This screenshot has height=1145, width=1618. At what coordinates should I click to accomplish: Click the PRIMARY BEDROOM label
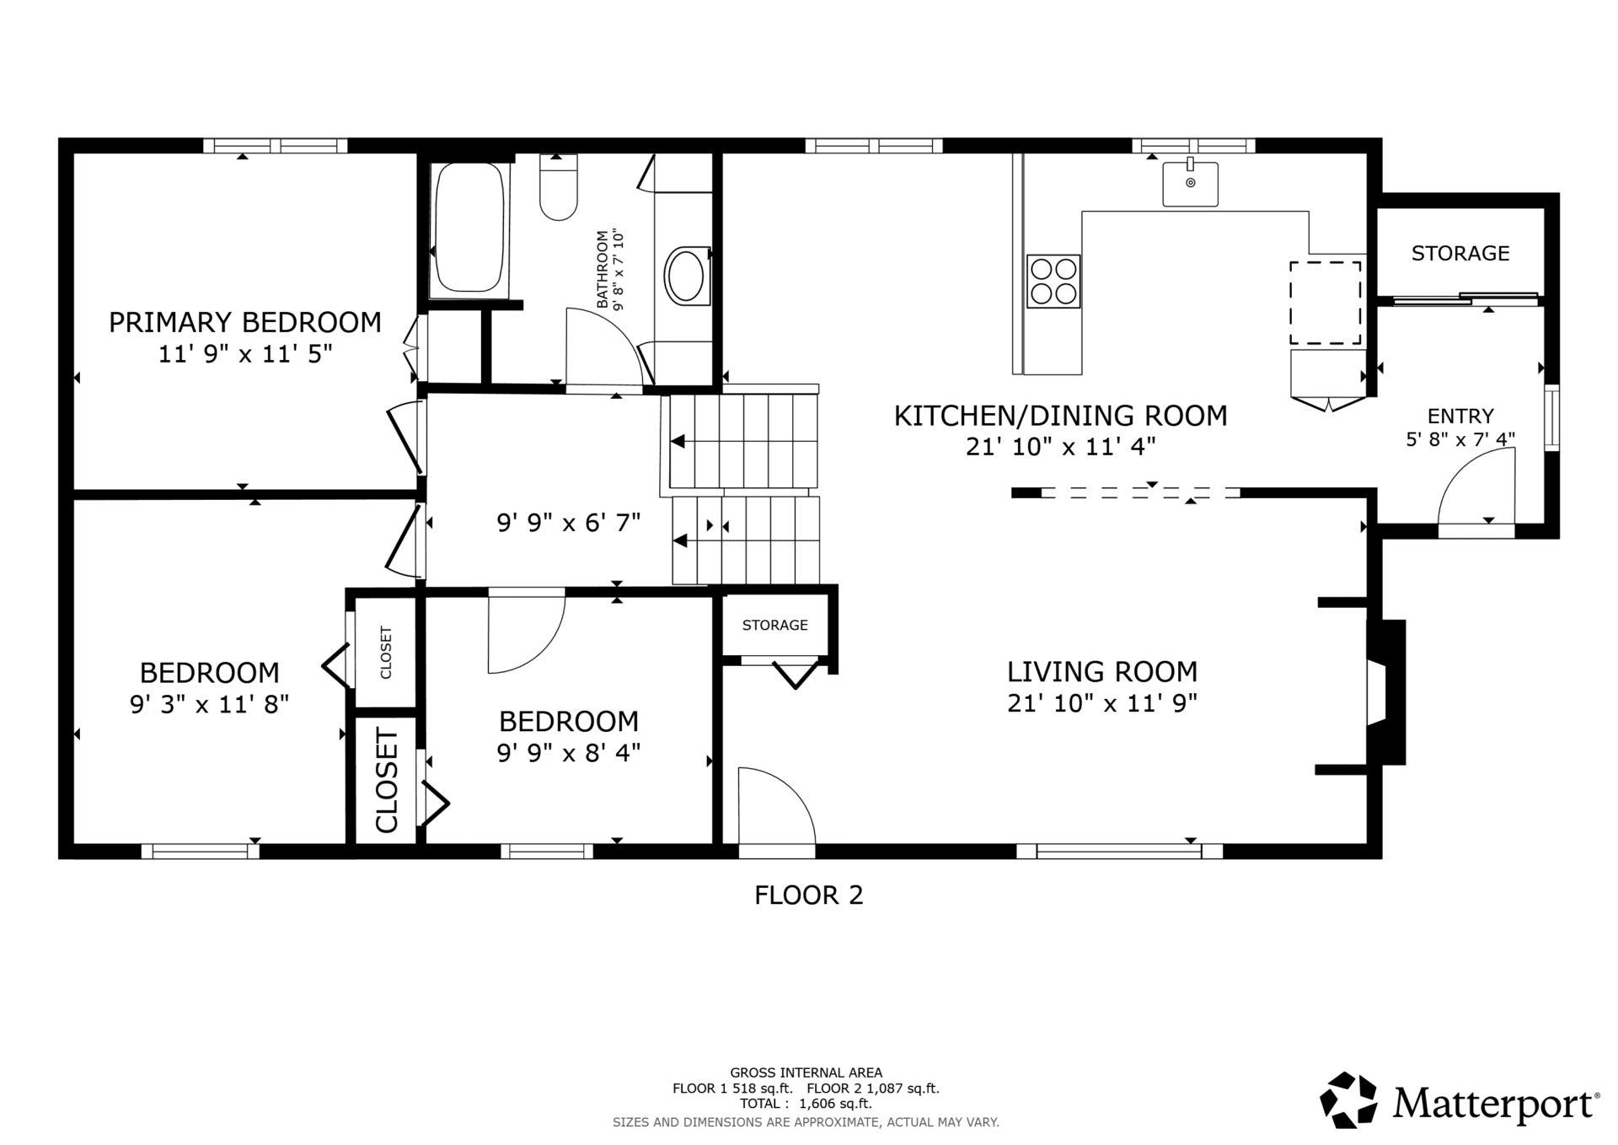coord(245,322)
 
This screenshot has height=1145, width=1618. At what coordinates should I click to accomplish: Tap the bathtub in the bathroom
coord(469,229)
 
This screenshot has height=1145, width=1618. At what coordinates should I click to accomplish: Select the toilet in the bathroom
coord(558,188)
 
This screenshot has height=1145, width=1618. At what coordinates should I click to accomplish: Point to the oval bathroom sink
coord(687,275)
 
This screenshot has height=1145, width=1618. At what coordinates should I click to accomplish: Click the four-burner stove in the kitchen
coord(1053,281)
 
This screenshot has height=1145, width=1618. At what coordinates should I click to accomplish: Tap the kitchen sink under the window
coord(1190,183)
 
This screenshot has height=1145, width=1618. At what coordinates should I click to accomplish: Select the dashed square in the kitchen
coord(1325,303)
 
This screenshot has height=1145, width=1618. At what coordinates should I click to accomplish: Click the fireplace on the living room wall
coord(1385,692)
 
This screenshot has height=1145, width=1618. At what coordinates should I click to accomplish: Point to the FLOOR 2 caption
coord(809,895)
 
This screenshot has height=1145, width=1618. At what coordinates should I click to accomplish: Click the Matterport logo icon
coord(1348,1099)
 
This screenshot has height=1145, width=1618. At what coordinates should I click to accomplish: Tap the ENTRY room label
coord(1460,416)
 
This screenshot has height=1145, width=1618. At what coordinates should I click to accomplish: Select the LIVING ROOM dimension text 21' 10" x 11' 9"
coord(1102,703)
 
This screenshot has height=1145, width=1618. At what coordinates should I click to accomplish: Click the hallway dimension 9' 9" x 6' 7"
coord(569,524)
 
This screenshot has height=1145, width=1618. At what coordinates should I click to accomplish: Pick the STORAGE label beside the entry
coord(1460,253)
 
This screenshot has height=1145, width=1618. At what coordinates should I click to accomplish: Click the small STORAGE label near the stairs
coord(775,625)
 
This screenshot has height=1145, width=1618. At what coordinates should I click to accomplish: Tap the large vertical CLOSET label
coord(386,781)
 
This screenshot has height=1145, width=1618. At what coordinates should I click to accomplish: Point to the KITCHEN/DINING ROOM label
coord(1060,416)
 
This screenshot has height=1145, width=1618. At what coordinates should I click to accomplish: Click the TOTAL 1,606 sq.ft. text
coord(806,1104)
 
